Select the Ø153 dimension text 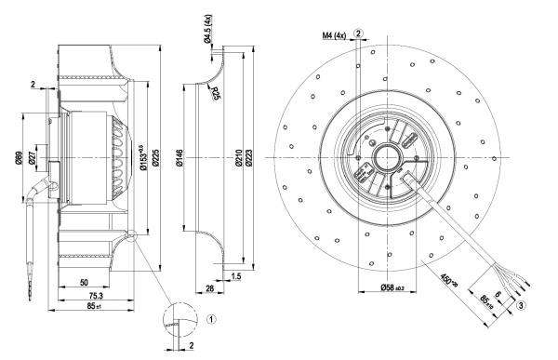tap(143, 157)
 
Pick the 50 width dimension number tap(84, 283)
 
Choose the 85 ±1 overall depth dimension tap(94, 306)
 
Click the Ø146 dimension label tap(179, 158)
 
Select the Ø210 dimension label tap(238, 158)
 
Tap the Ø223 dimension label tap(248, 158)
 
